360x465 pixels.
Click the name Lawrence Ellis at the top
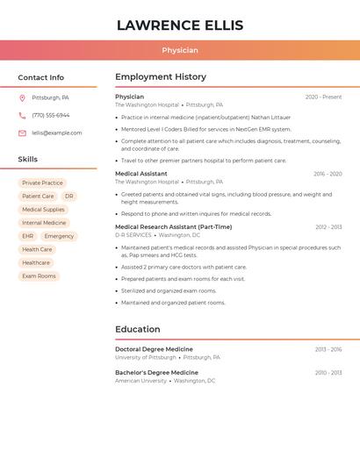pos(180,25)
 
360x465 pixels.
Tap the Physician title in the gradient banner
pos(180,51)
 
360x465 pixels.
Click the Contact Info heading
pos(41,77)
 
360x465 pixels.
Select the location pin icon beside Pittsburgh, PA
pos(22,98)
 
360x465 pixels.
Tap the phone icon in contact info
pos(22,116)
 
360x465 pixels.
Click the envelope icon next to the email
pos(22,133)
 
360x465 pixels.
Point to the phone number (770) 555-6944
pos(51,116)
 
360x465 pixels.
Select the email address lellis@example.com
pos(57,133)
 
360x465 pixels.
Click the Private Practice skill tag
pos(42,183)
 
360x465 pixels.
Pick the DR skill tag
pos(69,197)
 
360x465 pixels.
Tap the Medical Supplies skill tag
pos(43,210)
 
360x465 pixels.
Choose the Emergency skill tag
pos(59,236)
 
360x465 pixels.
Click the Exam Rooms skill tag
pos(39,276)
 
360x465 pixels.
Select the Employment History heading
pos(161,77)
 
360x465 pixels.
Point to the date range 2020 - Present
pos(323,97)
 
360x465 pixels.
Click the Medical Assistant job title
pos(141,174)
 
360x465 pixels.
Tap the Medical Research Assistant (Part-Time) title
pos(174,226)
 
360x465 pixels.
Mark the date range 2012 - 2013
pos(328,227)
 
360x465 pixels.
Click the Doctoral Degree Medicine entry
pos(154,349)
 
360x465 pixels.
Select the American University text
pos(140,381)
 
